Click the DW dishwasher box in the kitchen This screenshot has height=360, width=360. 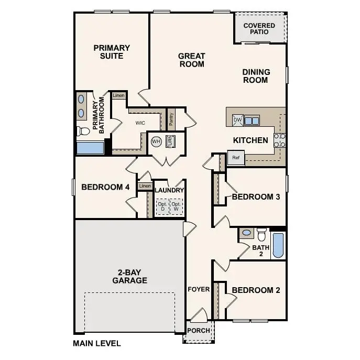(237, 120)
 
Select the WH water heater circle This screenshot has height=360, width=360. (156, 141)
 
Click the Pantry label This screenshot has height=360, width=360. (171, 119)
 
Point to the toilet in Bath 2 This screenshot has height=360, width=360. (261, 234)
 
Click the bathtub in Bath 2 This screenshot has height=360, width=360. (278, 245)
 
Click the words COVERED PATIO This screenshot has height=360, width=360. (259, 28)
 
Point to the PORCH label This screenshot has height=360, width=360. (199, 331)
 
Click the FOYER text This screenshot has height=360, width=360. (199, 289)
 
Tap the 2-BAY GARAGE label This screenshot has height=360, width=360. (129, 276)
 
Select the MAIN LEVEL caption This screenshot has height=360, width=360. (96, 344)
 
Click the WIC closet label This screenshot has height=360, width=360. (140, 123)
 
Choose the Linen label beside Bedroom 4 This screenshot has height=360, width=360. (145, 186)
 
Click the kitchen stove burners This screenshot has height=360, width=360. (280, 139)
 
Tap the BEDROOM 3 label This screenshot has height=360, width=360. (256, 197)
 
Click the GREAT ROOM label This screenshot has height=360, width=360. (191, 60)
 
